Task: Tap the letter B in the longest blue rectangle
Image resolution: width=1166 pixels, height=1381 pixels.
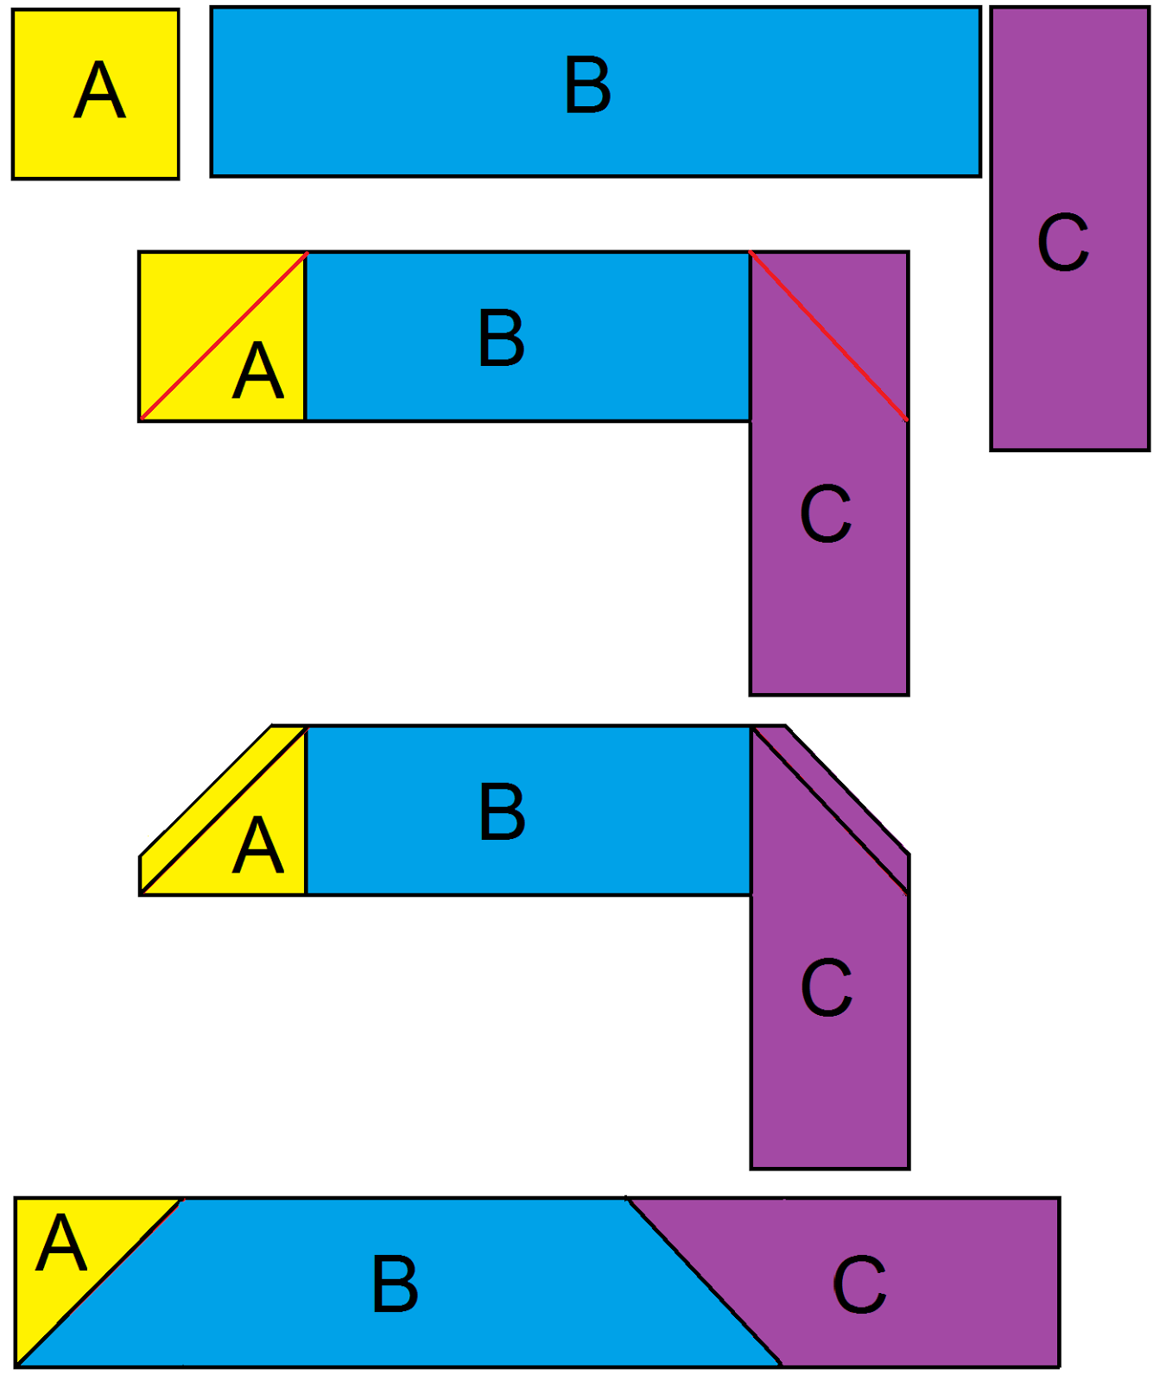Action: (587, 85)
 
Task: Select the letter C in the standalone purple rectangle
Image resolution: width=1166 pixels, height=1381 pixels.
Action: (1062, 243)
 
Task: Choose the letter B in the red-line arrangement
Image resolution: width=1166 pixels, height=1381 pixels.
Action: (501, 338)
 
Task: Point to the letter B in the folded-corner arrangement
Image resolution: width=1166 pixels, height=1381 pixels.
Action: (501, 812)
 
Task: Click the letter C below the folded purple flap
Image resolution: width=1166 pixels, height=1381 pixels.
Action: (827, 987)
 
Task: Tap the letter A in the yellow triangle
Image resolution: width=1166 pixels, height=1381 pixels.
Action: (60, 1243)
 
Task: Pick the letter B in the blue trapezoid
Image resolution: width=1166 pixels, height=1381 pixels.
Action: (395, 1284)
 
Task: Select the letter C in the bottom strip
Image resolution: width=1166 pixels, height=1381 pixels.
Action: (859, 1285)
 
